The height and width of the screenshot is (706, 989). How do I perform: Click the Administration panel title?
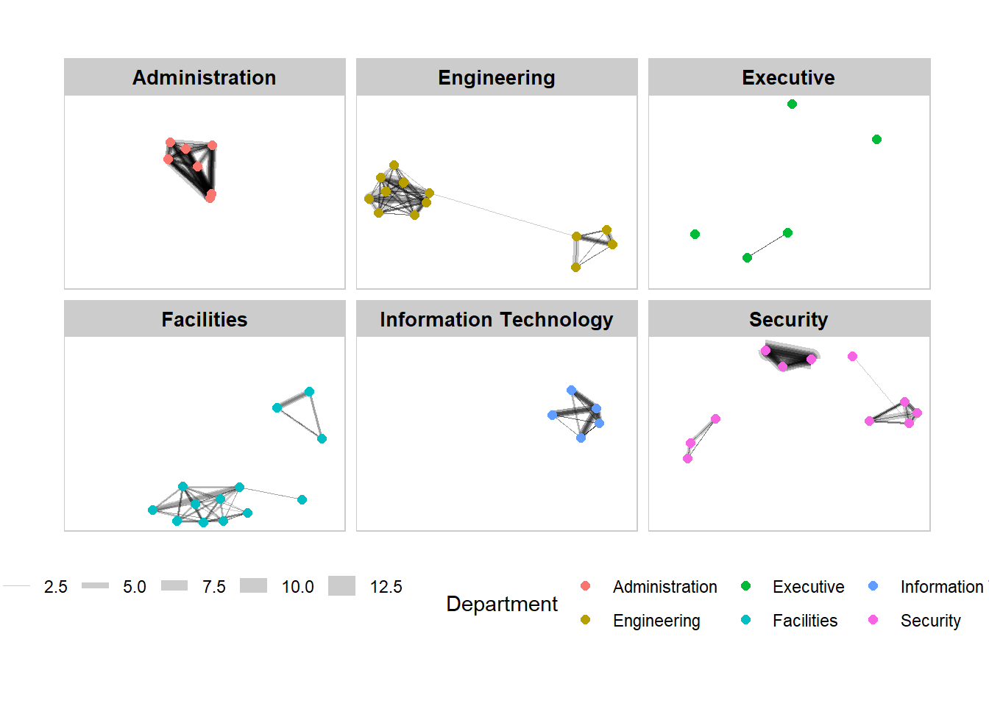(x=204, y=77)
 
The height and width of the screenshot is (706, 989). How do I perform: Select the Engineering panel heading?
(x=496, y=77)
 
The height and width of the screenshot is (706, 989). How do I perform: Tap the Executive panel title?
(x=788, y=77)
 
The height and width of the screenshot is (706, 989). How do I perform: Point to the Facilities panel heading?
(x=204, y=319)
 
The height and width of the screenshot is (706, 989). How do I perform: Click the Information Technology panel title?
(x=496, y=319)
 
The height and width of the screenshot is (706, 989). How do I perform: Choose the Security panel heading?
(x=788, y=319)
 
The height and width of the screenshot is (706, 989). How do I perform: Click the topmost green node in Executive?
(x=792, y=104)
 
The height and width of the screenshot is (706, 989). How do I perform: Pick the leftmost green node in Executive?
(x=695, y=234)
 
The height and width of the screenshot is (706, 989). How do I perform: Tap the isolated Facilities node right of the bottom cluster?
(x=302, y=499)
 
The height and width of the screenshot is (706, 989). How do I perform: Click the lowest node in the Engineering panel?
(x=575, y=267)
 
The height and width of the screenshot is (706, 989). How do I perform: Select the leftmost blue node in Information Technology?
(x=552, y=415)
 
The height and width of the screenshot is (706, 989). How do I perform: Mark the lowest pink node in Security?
(x=687, y=458)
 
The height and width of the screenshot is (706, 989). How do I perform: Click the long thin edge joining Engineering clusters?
(x=500, y=214)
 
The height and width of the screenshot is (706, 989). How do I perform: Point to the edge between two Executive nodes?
(x=767, y=245)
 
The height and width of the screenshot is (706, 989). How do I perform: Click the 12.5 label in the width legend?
(x=386, y=587)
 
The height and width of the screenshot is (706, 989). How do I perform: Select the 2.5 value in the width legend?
(x=55, y=587)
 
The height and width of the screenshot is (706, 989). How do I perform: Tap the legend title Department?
(x=501, y=604)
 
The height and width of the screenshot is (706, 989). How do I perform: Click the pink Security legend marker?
(x=873, y=620)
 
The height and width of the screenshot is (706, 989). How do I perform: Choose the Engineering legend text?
(x=656, y=621)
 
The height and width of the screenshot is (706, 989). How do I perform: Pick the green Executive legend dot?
(x=745, y=586)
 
